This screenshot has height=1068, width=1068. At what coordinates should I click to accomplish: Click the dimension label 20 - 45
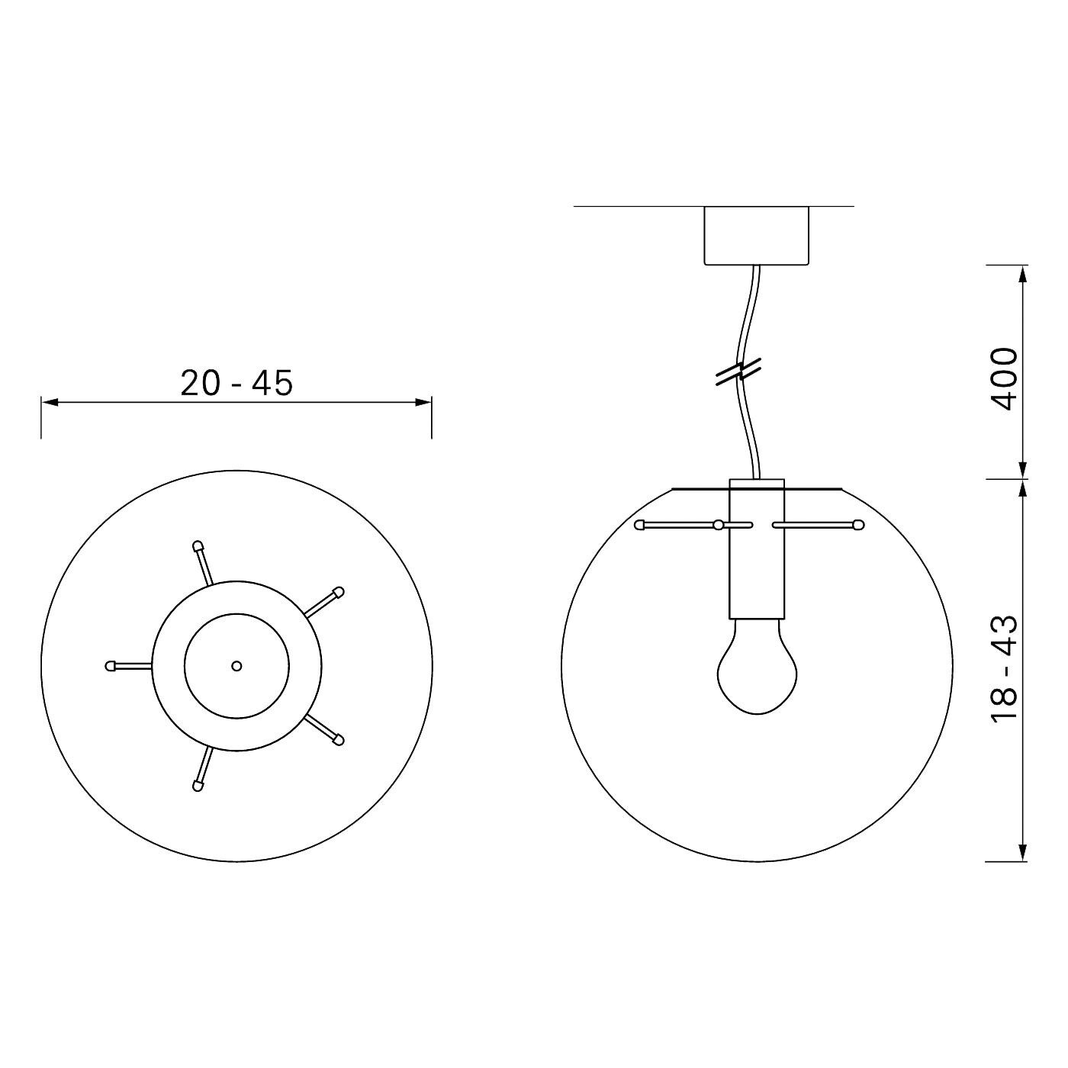236,383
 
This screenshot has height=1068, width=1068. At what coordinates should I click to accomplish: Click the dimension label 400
1005,379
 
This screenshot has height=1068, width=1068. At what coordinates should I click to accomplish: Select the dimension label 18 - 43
1005,668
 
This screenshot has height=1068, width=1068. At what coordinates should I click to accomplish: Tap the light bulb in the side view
756,669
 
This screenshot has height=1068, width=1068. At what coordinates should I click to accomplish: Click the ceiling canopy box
756,236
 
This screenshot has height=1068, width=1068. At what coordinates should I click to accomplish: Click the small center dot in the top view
236,666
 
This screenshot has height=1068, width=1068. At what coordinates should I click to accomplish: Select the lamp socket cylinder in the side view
756,549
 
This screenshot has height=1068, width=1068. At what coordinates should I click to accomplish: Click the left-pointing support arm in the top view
130,666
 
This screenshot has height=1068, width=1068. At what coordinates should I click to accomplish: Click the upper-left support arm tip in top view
198,546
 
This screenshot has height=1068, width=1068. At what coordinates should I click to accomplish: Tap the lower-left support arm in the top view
203,769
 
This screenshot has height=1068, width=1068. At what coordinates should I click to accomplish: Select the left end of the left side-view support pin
639,525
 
